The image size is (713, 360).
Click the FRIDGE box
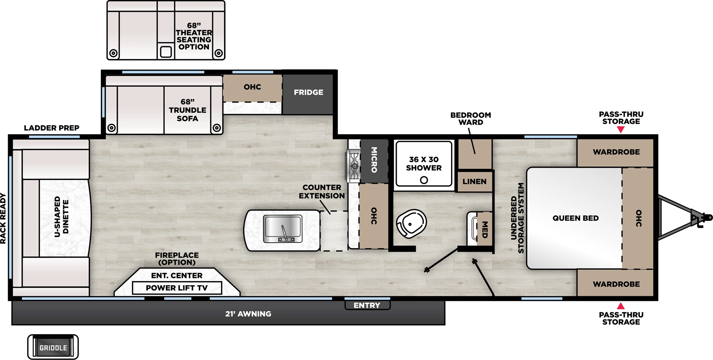click(308, 93)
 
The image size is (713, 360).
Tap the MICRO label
click(374, 160)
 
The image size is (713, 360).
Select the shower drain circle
click(424, 180)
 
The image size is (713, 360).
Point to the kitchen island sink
click(283, 228)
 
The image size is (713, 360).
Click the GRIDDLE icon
click(53, 348)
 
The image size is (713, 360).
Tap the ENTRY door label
click(367, 305)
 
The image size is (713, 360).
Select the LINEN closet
click(474, 181)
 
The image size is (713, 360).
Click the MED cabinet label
click(485, 229)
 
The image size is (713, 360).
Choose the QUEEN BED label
click(575, 218)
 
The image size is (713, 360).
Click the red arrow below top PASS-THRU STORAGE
click(620, 130)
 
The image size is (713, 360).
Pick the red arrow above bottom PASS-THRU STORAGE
click(620, 306)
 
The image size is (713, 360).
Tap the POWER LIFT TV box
click(177, 288)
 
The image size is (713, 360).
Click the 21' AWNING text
click(248, 314)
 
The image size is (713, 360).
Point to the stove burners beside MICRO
click(354, 166)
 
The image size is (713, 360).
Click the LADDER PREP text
click(51, 128)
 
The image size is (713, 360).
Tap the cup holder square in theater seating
click(166, 52)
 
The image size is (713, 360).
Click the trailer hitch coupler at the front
click(697, 218)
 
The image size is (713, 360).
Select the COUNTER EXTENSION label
click(322, 192)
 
